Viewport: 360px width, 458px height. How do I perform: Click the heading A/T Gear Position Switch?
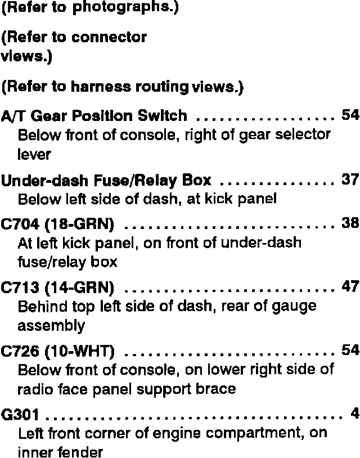pos(94,116)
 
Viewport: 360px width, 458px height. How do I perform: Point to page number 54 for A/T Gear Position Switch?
pos(350,115)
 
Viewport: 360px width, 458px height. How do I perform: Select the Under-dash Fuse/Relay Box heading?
pos(106,181)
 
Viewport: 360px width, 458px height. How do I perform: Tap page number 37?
pos(350,179)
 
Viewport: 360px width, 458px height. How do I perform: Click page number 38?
pos(350,223)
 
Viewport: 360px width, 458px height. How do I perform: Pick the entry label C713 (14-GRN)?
pos(58,289)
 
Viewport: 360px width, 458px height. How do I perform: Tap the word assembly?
pos(51,326)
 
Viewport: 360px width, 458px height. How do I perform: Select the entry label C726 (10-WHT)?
pos(58,352)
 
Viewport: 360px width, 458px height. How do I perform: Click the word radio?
pos(34,389)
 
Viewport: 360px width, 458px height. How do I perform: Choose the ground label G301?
pos(21,416)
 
